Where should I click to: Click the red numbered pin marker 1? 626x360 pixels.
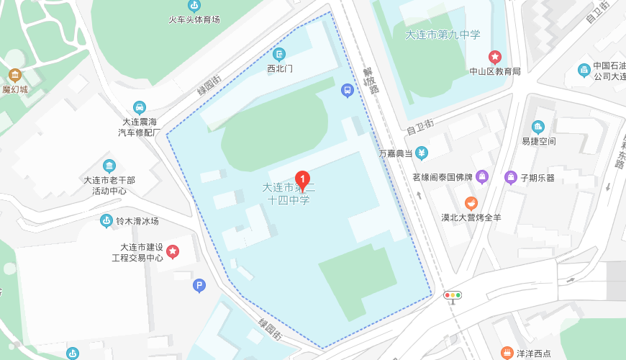coord(304,179)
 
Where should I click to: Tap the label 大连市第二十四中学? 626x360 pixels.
coord(289,194)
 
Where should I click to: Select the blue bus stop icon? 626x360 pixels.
coord(348,90)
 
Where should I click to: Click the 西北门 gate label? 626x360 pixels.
coord(279,69)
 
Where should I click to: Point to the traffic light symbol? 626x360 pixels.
coord(453,295)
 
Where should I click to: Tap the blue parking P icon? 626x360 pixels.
coord(199,286)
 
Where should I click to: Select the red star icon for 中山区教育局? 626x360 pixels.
coord(495,56)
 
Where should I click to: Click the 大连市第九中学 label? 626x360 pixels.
coord(443,34)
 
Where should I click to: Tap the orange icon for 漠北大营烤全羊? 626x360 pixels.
coord(471,202)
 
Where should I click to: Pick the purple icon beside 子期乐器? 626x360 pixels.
coord(511,177)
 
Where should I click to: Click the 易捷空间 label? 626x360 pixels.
coord(538,141)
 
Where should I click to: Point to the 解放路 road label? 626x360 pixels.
coord(369,81)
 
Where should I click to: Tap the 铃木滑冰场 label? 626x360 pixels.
coord(137,221)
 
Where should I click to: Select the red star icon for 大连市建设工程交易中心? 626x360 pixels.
coord(173,251)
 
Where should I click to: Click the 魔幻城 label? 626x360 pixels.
coord(14,90)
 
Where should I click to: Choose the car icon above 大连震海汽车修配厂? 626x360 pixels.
coord(140,107)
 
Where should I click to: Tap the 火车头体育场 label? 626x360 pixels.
coord(194,19)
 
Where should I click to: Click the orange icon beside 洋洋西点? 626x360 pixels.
coord(507,353)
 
